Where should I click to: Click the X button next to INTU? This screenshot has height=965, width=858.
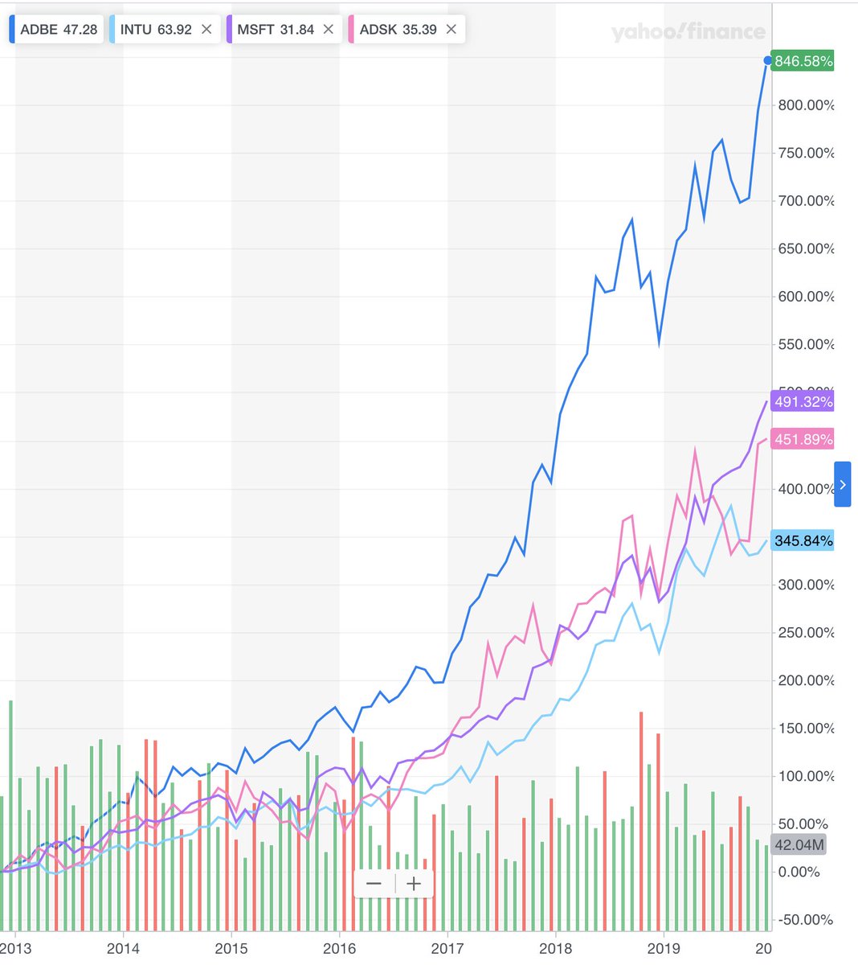[206, 30]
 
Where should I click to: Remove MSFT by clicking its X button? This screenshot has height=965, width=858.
[328, 30]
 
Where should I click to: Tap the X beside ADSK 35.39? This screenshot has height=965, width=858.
[451, 30]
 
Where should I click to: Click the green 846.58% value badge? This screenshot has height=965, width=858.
[802, 61]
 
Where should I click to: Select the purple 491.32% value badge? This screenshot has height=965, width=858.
[802, 401]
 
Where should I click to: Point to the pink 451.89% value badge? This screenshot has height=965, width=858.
[802, 439]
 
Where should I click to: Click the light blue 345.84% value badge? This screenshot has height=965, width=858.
[802, 540]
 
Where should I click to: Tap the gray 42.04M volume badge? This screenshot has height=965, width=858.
[798, 844]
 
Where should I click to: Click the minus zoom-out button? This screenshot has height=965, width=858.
[374, 884]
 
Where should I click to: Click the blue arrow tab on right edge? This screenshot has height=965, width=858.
[842, 484]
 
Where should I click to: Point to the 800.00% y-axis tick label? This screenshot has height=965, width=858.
[806, 105]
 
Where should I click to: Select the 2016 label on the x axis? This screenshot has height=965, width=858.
[339, 949]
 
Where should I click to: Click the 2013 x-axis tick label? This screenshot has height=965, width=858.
[15, 949]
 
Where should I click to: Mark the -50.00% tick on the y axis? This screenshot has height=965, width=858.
[806, 920]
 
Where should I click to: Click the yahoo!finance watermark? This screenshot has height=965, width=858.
[688, 32]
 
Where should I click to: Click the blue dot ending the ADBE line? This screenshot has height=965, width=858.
[767, 61]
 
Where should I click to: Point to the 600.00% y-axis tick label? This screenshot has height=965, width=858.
[806, 297]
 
